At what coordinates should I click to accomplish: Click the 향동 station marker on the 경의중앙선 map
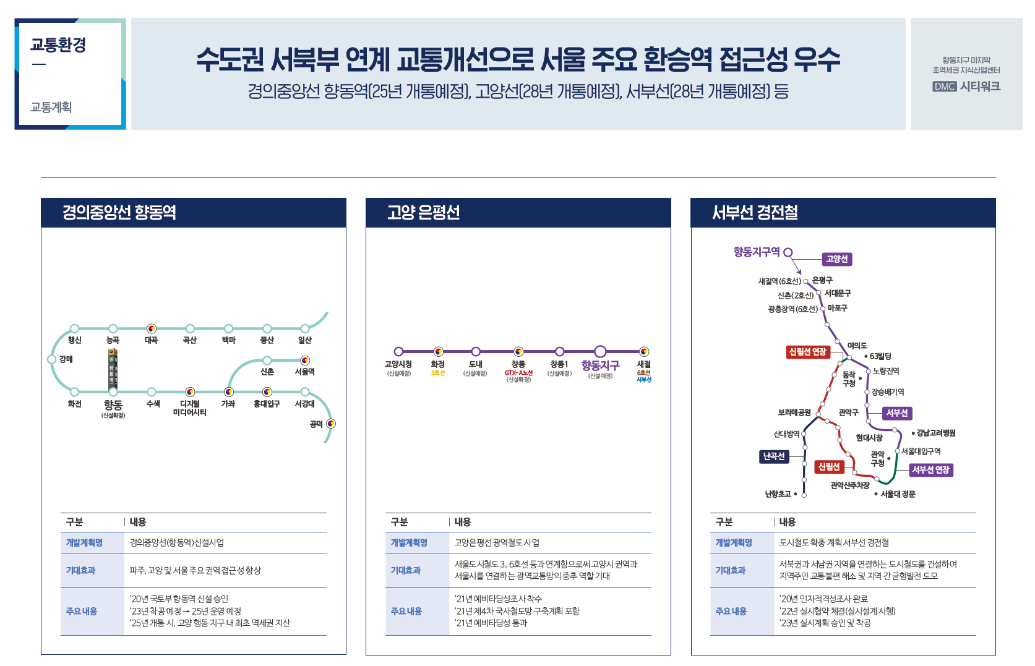113,391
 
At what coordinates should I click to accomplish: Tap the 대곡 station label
152,340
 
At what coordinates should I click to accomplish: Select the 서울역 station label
305,372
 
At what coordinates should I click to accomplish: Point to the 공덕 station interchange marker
331,424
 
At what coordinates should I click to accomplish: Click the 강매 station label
66,359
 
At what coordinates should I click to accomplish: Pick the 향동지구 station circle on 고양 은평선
600,351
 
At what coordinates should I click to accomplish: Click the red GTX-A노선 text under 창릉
518,373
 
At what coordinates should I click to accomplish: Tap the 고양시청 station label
398,364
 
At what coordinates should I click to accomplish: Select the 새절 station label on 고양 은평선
644,364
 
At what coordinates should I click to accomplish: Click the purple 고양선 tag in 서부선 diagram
837,259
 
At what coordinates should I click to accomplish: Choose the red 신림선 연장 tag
807,352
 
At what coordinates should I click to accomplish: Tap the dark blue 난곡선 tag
774,456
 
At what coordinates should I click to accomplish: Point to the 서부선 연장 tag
930,470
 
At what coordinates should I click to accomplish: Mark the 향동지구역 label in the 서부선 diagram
757,252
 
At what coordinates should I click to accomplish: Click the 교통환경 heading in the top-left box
58,45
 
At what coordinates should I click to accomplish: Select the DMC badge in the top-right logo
945,87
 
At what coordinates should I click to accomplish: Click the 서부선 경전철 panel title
755,213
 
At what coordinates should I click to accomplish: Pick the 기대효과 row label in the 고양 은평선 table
406,570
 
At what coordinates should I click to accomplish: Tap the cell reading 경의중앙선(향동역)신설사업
177,542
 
